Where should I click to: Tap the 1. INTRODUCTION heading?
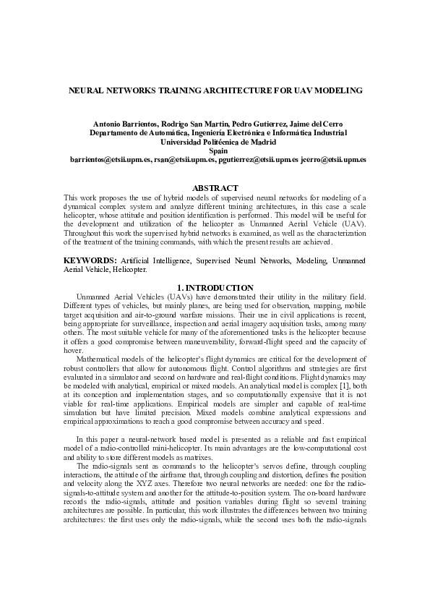[x=215, y=288]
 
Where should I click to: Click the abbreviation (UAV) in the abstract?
[x=351, y=224]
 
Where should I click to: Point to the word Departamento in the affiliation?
[x=116, y=133]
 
